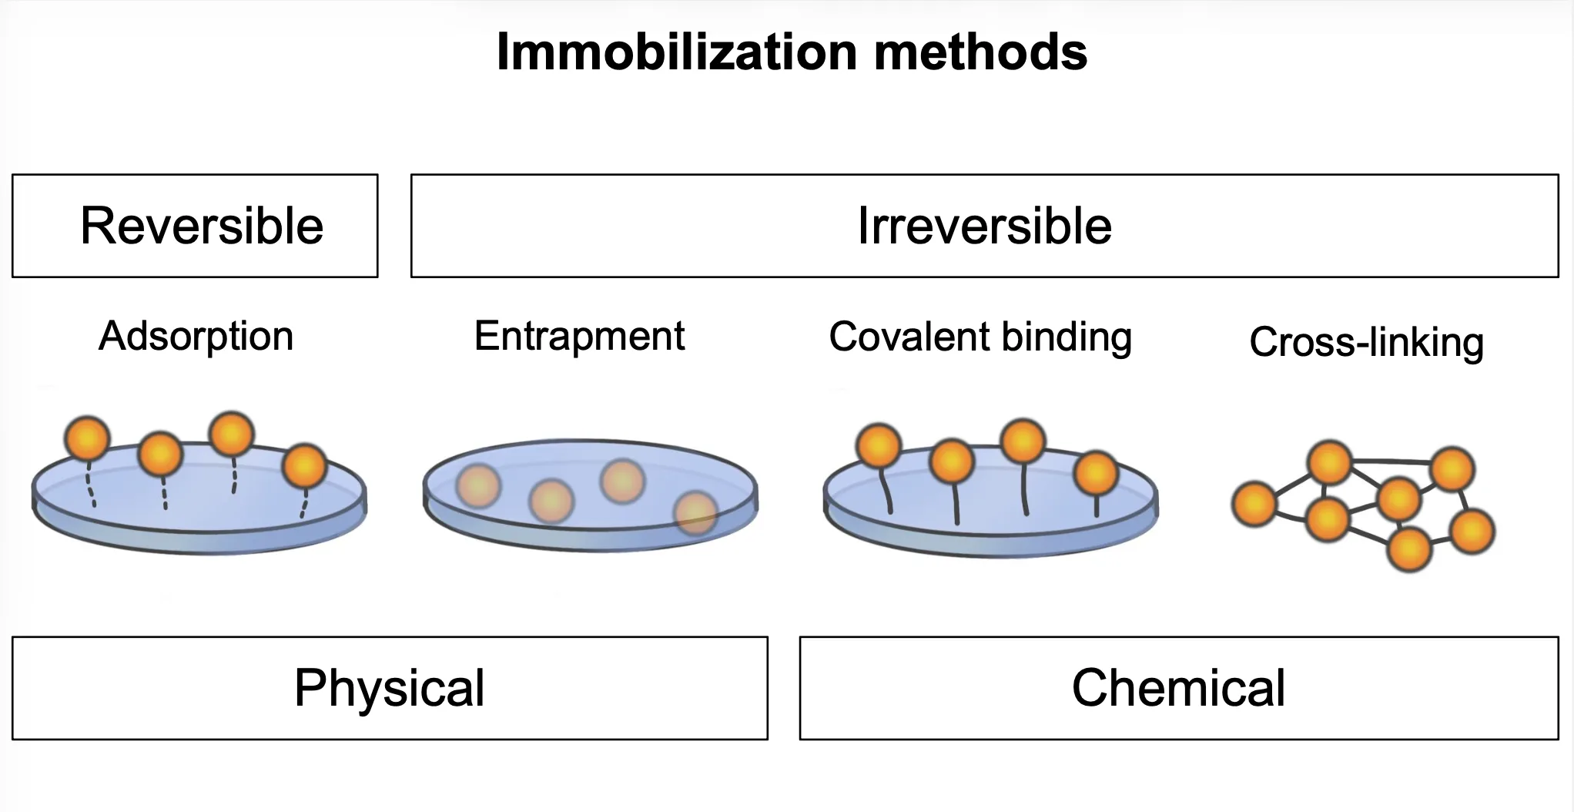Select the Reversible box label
[x=202, y=226]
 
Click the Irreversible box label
[x=985, y=226]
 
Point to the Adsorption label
[x=196, y=337]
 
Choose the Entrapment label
[x=580, y=337]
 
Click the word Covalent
[x=899, y=337]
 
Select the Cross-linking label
[x=1367, y=343]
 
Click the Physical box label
[x=390, y=688]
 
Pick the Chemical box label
[x=1179, y=688]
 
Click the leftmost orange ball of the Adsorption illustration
[x=88, y=438]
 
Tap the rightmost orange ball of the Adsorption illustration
[x=305, y=467]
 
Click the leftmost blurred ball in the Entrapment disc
[x=478, y=486]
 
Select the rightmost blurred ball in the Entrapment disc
[x=696, y=513]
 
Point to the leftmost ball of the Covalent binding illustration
[x=879, y=446]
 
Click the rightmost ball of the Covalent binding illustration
[x=1096, y=474]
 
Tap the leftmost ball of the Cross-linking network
[x=1255, y=505]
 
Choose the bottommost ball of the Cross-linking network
[x=1409, y=549]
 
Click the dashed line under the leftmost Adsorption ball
[x=90, y=484]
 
